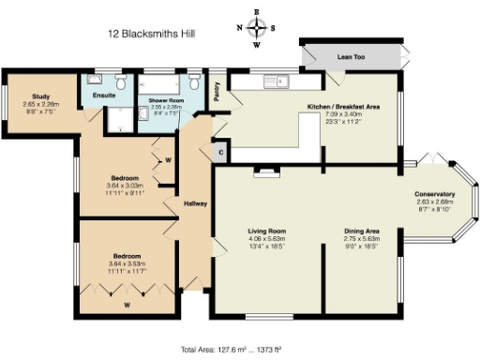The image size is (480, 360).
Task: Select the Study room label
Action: [40, 96]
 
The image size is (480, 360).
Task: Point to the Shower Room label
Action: [163, 100]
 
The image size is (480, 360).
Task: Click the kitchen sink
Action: [278, 81]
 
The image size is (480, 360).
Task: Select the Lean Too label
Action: [350, 57]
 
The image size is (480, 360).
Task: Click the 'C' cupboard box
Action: [221, 151]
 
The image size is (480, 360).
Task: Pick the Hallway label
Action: [195, 202]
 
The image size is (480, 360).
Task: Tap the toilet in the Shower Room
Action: [192, 80]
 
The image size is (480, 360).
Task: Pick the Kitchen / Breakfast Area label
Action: [343, 107]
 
